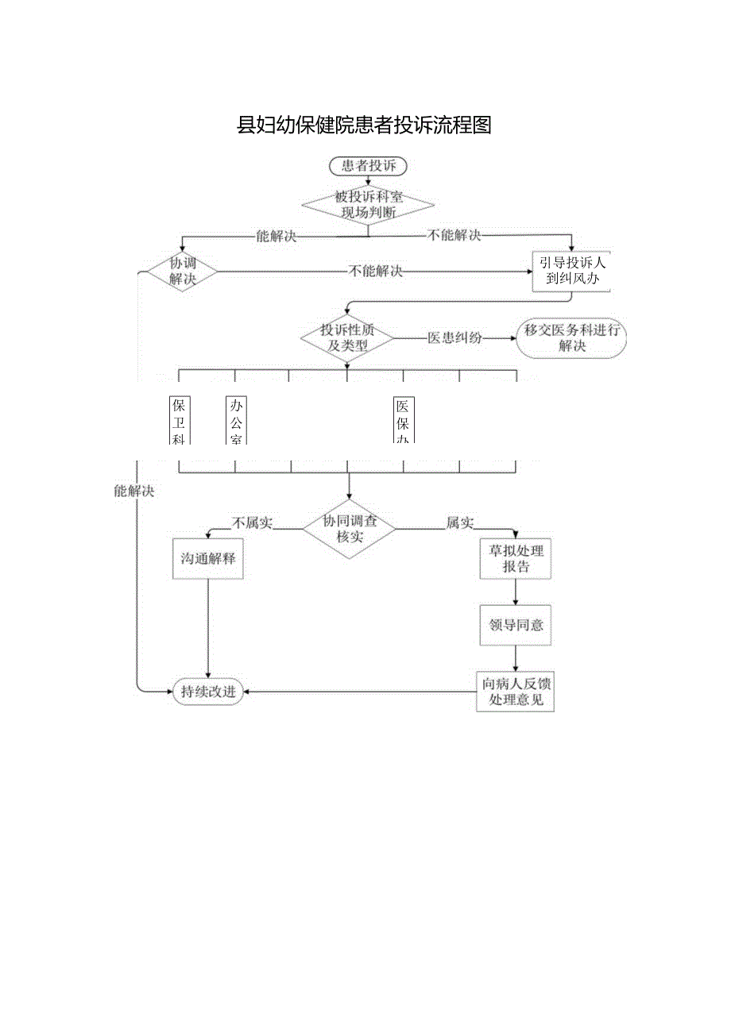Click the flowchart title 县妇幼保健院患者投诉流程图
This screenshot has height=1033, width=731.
pyautogui.click(x=365, y=125)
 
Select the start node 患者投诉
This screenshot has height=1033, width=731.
pyautogui.click(x=368, y=166)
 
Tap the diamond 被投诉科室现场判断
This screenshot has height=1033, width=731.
pyautogui.click(x=368, y=206)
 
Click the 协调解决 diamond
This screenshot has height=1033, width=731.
pyautogui.click(x=183, y=272)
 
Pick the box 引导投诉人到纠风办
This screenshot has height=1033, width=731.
pyautogui.click(x=572, y=272)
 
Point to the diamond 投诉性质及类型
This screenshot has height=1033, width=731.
pyautogui.click(x=347, y=337)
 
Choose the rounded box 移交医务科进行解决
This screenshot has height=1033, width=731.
pyautogui.click(x=571, y=338)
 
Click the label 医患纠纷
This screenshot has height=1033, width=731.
pyautogui.click(x=454, y=337)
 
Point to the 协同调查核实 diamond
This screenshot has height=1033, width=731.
pyautogui.click(x=349, y=530)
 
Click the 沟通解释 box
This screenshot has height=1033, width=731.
pyautogui.click(x=208, y=558)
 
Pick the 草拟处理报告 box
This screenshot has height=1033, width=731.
pyautogui.click(x=516, y=559)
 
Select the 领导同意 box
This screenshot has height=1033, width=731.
pyautogui.click(x=516, y=625)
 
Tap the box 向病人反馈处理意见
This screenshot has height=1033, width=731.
pyautogui.click(x=515, y=692)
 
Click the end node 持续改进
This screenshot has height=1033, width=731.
pyautogui.click(x=208, y=692)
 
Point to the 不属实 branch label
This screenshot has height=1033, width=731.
pyautogui.click(x=252, y=522)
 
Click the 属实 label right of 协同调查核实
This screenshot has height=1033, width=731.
pyautogui.click(x=459, y=522)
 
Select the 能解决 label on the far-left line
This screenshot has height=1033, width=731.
pyautogui.click(x=133, y=491)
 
